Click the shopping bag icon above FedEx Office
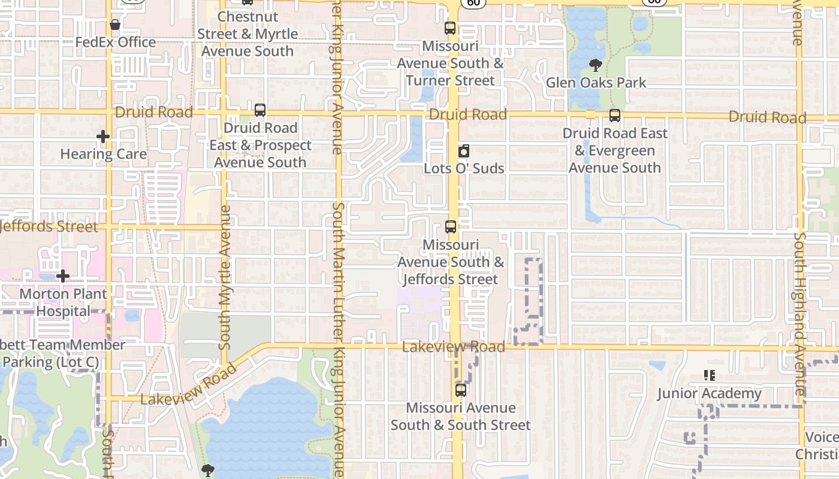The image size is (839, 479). click(x=115, y=25)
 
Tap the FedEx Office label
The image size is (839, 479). click(x=115, y=43)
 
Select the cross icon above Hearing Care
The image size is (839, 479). click(x=103, y=137)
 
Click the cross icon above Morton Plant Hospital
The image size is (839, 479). click(x=63, y=276)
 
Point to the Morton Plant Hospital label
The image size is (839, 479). click(x=63, y=302)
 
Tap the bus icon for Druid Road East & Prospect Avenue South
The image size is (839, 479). click(x=259, y=110)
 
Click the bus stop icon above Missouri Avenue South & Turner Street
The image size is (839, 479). click(x=450, y=28)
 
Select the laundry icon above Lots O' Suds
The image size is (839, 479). click(x=463, y=151)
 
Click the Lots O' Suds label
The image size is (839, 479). click(x=463, y=168)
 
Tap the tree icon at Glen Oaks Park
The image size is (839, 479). click(x=595, y=65)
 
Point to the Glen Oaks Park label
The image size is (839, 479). click(x=596, y=83)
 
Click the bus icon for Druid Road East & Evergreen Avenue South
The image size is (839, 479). click(x=614, y=116)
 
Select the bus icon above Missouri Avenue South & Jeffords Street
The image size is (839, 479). click(x=451, y=228)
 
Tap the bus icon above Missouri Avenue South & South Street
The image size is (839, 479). click(x=460, y=390)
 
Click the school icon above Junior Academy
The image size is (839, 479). click(x=710, y=376)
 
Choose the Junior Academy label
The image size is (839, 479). click(x=709, y=393)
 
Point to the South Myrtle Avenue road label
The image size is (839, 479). click(x=225, y=277)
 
